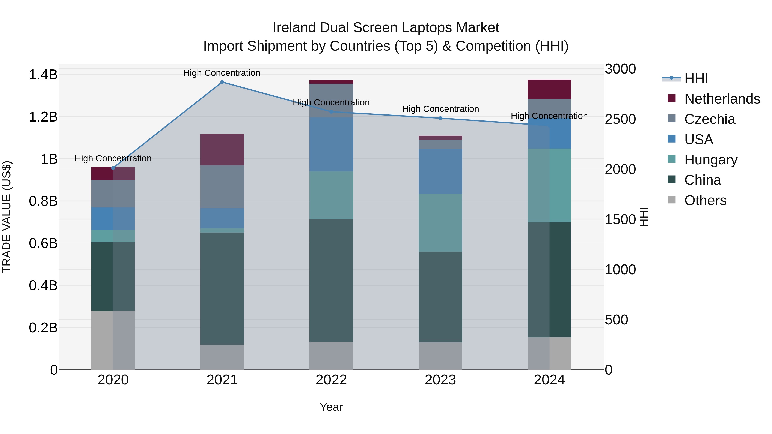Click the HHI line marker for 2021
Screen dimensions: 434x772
click(222, 82)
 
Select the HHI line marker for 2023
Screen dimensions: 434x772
click(440, 118)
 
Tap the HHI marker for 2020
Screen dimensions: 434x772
click(113, 168)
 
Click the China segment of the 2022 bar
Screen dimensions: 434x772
click(331, 280)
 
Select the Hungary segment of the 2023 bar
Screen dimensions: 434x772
click(440, 223)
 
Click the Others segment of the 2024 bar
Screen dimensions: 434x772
click(549, 353)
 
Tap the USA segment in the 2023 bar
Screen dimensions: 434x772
click(440, 172)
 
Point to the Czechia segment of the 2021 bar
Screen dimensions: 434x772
click(222, 187)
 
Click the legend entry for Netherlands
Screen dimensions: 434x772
click(722, 99)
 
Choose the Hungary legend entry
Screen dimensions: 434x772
click(711, 160)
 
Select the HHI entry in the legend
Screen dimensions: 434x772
click(696, 78)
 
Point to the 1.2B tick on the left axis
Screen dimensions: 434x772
click(43, 117)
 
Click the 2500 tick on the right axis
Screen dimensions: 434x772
click(620, 119)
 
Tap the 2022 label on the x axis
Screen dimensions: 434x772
click(331, 380)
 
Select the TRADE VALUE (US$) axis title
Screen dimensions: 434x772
click(7, 217)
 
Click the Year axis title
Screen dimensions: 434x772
click(331, 407)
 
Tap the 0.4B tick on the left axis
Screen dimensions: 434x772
click(43, 285)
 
